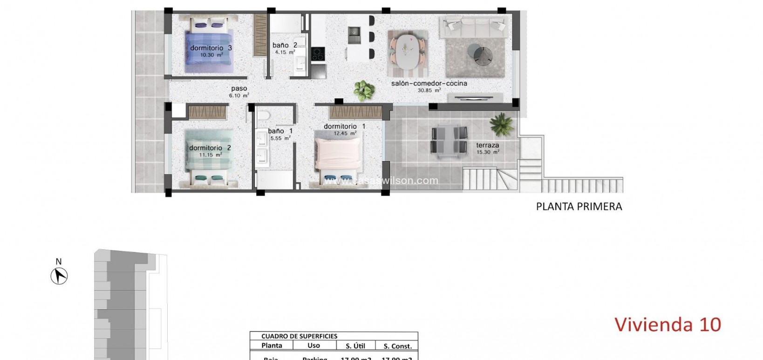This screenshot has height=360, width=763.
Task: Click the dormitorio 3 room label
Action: (211, 48)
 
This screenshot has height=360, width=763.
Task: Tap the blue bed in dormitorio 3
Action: (208, 51)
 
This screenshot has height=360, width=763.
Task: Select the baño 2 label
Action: (285, 45)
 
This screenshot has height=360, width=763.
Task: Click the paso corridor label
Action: (239, 88)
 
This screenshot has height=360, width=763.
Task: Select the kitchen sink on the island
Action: (355, 32)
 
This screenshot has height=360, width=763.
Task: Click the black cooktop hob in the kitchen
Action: (318, 54)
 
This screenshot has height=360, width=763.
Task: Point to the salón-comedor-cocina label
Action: (429, 83)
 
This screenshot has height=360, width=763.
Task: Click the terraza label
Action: (487, 145)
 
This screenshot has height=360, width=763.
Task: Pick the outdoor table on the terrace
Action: (449, 140)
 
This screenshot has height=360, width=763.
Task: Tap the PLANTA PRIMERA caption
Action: (579, 206)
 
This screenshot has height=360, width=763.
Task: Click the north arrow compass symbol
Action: (59, 276)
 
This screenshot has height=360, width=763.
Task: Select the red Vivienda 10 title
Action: (668, 325)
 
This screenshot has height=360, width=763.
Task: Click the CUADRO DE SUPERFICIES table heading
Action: (299, 336)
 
